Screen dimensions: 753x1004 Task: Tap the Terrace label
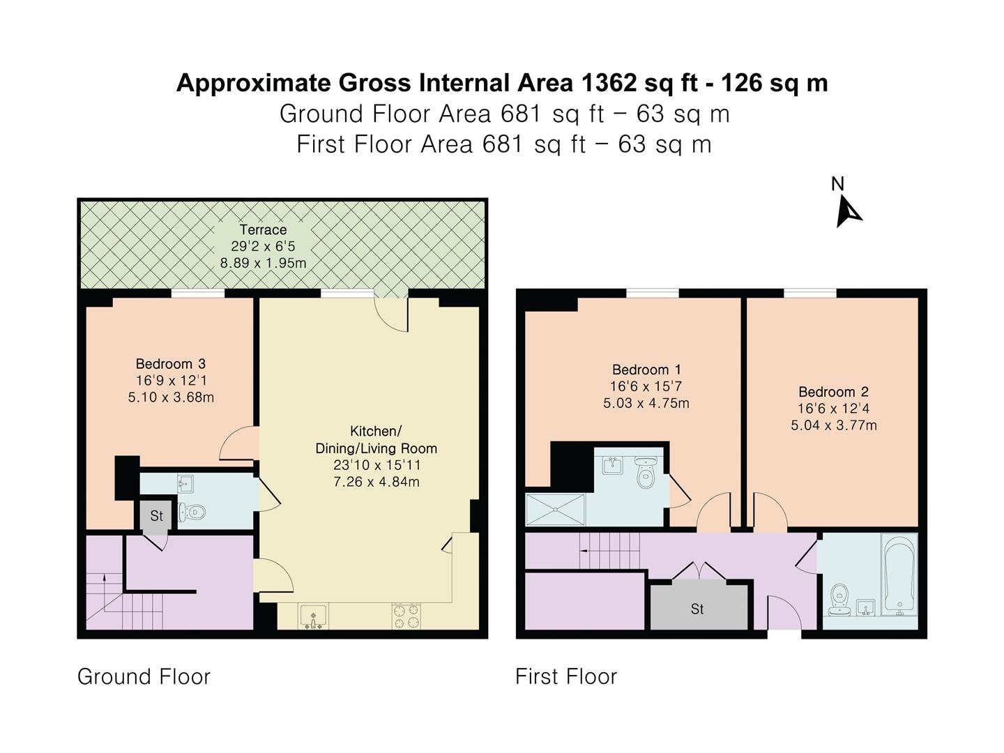263,229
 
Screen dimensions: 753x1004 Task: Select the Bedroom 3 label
170,363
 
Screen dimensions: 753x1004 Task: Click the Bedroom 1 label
646,370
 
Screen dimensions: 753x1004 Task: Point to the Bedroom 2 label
833,392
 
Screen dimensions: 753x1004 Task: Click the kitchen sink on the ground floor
313,616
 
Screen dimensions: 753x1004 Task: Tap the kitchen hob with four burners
406,616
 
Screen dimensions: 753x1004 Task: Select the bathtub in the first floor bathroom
899,575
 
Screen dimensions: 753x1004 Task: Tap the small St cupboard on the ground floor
156,516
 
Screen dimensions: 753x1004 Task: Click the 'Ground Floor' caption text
144,676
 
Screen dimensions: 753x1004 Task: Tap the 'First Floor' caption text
565,676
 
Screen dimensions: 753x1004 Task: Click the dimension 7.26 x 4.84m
376,482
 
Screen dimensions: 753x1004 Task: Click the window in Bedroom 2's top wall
809,293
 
